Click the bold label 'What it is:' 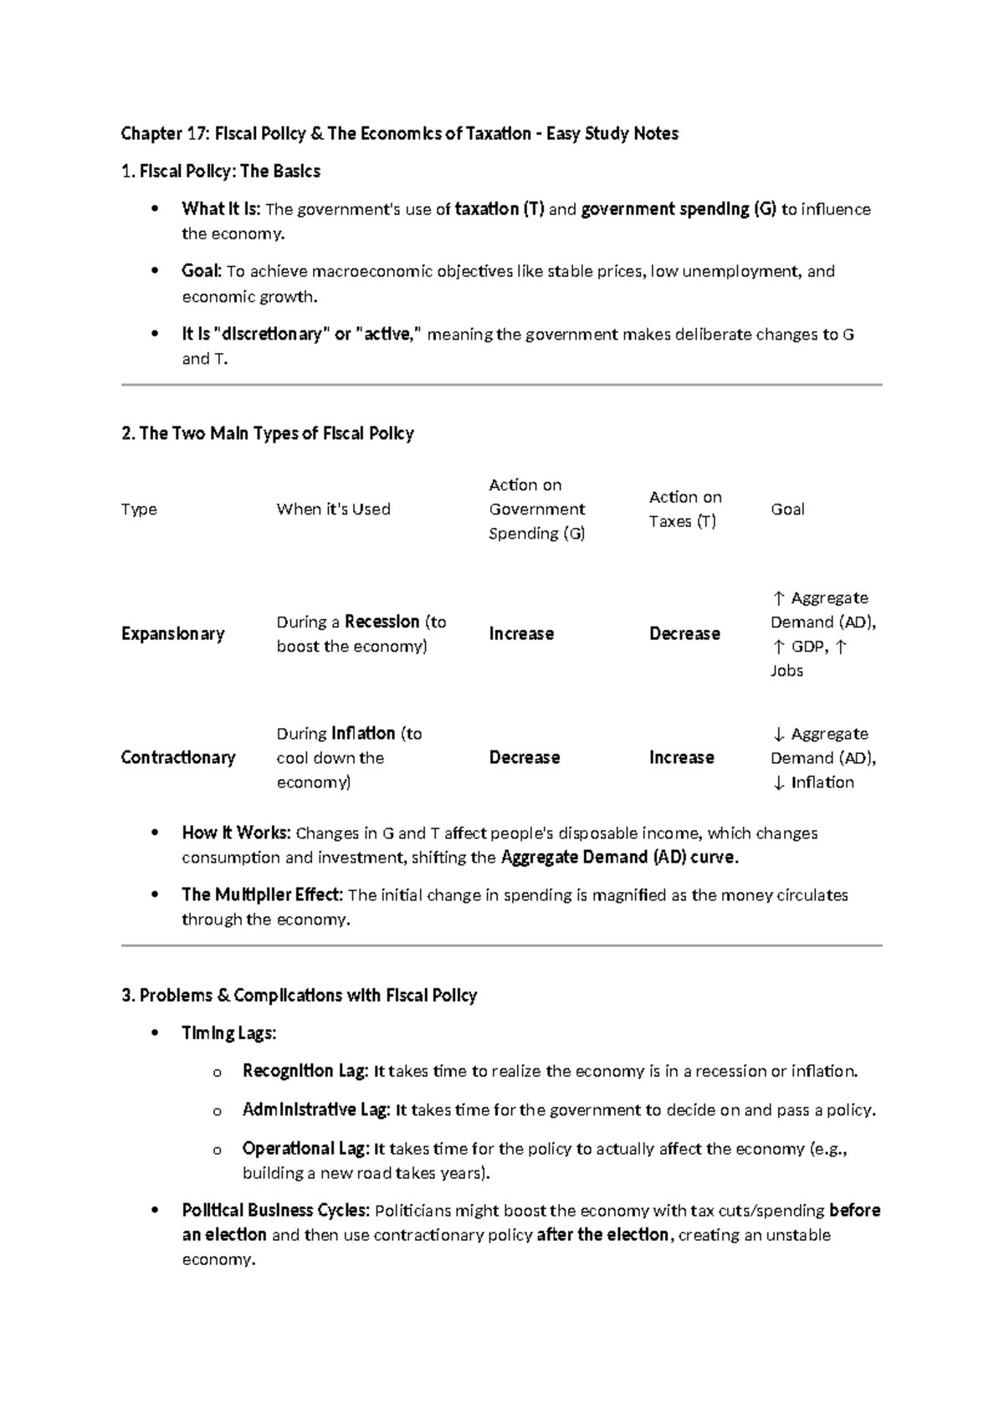(x=221, y=209)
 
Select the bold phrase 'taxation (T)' (x=499, y=209)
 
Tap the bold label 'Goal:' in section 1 (x=202, y=271)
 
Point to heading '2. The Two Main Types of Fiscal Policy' (x=268, y=433)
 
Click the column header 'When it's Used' (x=333, y=509)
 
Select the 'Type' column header (x=139, y=509)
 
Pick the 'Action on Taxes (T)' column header (x=684, y=509)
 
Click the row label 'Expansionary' (x=172, y=633)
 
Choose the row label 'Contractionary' (x=178, y=757)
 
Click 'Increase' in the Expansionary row (x=521, y=633)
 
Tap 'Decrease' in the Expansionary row (x=684, y=633)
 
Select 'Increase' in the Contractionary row (x=681, y=757)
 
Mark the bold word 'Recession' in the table (x=382, y=622)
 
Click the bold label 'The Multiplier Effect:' (x=262, y=894)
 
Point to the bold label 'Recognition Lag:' (x=305, y=1071)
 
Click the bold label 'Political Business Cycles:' (x=275, y=1210)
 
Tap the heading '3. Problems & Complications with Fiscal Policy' (x=299, y=996)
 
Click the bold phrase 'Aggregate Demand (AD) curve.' (x=619, y=857)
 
